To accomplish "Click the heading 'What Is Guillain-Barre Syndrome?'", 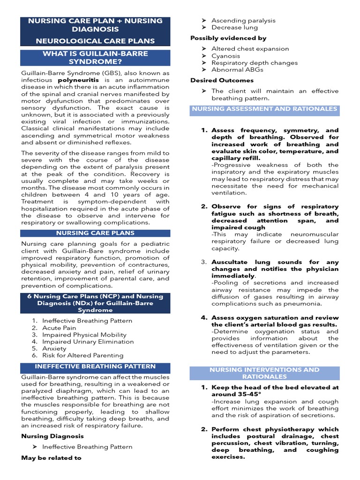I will tap(96, 58).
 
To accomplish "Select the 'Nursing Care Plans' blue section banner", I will tap(96, 233).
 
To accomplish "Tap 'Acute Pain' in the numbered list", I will tap(59, 328).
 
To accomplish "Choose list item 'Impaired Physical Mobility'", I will tap(84, 335).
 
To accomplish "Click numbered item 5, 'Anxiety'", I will tap(54, 349).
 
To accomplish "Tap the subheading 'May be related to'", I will tap(51, 457).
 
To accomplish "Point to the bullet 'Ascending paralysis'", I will tap(243, 21).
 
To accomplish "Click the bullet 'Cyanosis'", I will tap(226, 56).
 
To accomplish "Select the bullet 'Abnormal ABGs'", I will tap(237, 70).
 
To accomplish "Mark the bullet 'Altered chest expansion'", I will tap(250, 49).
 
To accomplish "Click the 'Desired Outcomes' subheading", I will tap(218, 80).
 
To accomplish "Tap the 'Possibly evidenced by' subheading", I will tap(228, 38).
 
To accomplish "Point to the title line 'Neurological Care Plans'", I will tap(96, 41).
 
